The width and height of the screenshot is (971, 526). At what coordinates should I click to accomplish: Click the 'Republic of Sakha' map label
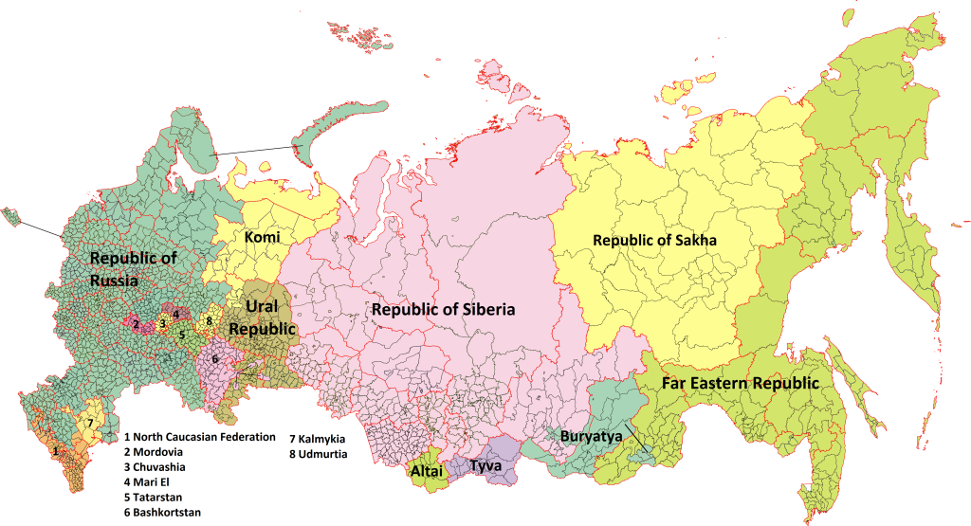point(654,241)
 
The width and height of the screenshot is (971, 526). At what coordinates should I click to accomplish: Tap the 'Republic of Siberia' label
point(443,310)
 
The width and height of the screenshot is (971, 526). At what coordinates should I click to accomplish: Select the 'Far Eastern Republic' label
point(727,384)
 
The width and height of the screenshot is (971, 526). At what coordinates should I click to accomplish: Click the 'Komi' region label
point(263,237)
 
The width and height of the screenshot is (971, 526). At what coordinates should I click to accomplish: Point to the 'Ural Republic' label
point(262,317)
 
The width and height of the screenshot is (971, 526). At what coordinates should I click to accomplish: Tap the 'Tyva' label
point(485,465)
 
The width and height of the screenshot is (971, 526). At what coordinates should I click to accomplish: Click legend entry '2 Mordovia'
point(156,452)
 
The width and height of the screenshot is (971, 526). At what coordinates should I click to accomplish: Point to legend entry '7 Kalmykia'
point(318,439)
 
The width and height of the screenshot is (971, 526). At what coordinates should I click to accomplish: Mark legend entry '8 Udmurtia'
point(318,454)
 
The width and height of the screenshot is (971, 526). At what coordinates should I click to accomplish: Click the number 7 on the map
point(89,423)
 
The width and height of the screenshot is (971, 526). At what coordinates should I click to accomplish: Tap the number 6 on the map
point(215,359)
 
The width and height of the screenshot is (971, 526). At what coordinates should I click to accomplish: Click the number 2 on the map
point(137,324)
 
